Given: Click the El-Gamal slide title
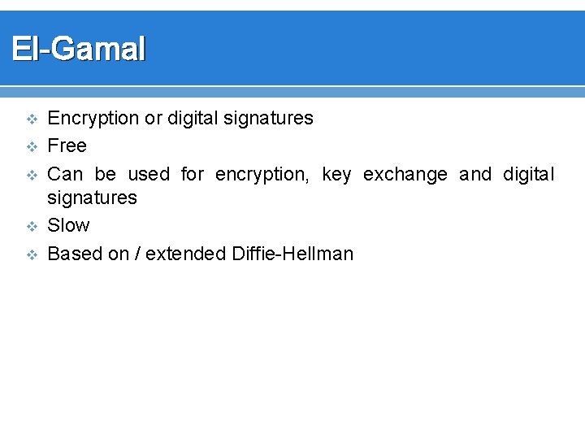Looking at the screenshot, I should click(79, 50).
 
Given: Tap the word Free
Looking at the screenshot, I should click(67, 146).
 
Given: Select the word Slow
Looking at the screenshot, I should click(69, 225).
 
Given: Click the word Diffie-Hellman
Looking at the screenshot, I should click(292, 254).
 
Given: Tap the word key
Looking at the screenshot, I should click(336, 175).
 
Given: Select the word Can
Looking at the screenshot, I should click(66, 174).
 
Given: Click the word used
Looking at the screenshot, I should click(149, 174).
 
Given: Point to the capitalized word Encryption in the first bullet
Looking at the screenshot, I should click(93, 119).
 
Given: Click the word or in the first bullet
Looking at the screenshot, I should click(153, 119).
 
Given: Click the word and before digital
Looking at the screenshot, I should click(475, 174).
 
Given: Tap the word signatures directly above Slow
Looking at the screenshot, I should click(93, 198).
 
